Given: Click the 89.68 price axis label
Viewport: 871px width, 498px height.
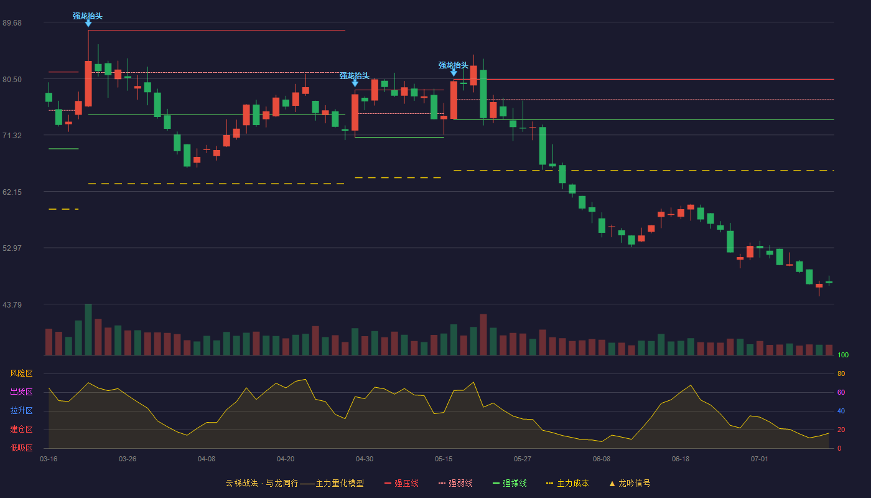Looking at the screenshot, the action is click(x=12, y=23).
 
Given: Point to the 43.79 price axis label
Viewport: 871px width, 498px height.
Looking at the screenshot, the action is click(x=12, y=304).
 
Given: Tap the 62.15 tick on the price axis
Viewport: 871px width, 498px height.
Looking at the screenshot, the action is click(x=12, y=192).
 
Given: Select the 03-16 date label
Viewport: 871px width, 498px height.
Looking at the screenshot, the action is click(x=49, y=459).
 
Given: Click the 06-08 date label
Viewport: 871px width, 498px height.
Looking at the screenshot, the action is click(x=602, y=459).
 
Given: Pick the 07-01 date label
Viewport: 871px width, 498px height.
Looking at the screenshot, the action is click(x=760, y=459).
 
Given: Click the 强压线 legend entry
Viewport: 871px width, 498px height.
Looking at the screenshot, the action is click(x=402, y=483).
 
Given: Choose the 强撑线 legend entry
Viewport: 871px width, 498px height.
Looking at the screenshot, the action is click(x=510, y=483).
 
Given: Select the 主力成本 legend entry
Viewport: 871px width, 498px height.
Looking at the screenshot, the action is click(x=567, y=483).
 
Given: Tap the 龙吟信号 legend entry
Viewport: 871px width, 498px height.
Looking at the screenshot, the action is click(x=630, y=483).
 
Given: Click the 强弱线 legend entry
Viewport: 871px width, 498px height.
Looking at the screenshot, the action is click(x=455, y=483).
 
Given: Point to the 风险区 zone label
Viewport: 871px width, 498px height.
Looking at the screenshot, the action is click(x=21, y=374).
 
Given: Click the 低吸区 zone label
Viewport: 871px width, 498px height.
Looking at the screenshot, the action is click(x=21, y=448).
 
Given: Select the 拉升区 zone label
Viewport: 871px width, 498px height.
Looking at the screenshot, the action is click(x=21, y=411).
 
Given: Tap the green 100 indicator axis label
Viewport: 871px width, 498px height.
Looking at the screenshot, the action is click(x=843, y=355).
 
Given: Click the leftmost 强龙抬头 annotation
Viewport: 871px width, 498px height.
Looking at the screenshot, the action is click(x=88, y=16).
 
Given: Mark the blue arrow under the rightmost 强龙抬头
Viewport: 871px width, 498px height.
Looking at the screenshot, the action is click(x=454, y=73).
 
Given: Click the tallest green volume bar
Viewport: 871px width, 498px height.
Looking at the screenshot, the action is click(x=88, y=329).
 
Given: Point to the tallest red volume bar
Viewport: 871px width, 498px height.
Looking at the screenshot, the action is click(x=483, y=335).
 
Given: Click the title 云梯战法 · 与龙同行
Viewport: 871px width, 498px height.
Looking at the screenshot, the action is click(x=262, y=483).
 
